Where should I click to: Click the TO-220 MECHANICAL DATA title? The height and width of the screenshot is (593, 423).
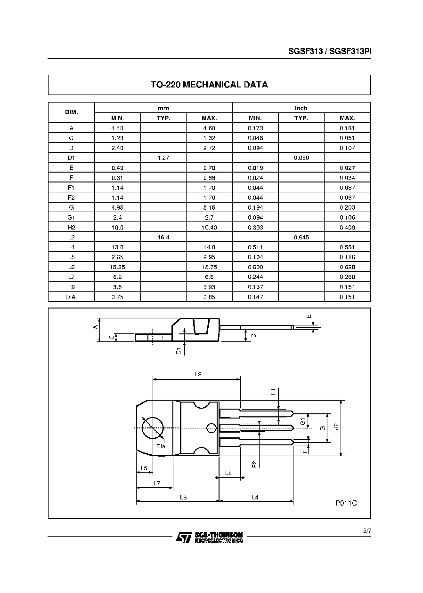[209, 85]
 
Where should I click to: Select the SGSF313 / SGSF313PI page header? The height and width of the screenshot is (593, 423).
[330, 51]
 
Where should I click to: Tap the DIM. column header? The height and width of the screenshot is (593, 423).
[71, 112]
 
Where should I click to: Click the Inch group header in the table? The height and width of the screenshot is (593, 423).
[301, 108]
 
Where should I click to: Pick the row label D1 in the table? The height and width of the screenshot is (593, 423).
[71, 158]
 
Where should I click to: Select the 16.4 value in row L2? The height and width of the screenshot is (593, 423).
[163, 237]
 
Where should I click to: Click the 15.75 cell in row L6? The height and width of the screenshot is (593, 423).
[209, 267]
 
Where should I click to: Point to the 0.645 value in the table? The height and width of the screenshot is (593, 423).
[301, 237]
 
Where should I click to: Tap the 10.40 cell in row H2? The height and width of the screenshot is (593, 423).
[209, 228]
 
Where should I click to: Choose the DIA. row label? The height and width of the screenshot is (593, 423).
[71, 297]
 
